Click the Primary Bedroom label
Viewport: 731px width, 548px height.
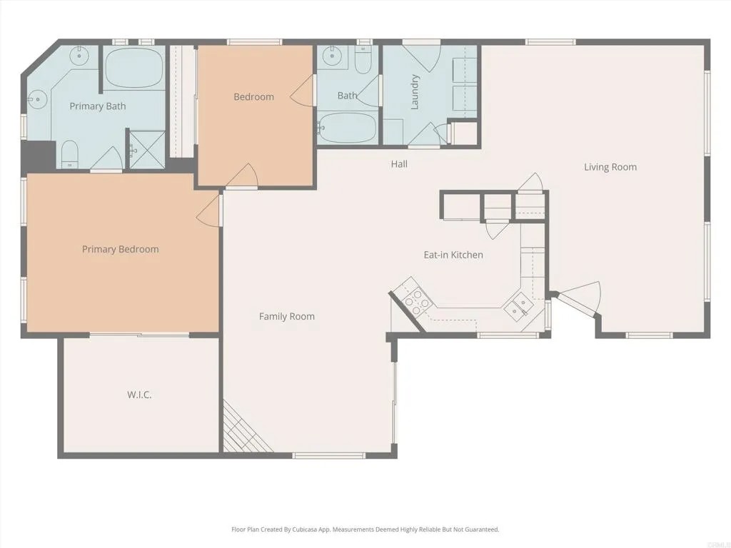point(120,249)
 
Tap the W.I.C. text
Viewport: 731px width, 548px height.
point(139,395)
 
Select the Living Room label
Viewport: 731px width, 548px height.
point(610,167)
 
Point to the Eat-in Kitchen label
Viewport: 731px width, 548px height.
point(453,255)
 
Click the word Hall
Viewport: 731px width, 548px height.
point(399,164)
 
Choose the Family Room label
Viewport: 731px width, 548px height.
point(286,316)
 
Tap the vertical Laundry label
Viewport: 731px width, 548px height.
point(414,93)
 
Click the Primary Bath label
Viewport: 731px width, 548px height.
point(97,106)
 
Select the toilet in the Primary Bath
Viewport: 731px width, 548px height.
point(69,153)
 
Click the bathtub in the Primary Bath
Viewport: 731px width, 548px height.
point(134,68)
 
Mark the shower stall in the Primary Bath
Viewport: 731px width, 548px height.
point(146,150)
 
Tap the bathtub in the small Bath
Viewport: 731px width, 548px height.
point(348,128)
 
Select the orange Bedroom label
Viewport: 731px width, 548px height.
point(253,97)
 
